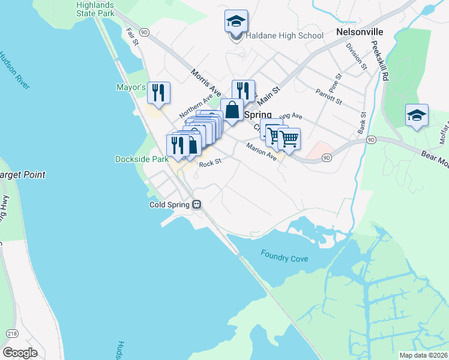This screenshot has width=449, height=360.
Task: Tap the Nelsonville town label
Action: (x=360, y=30)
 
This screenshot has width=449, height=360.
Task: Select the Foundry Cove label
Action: (x=285, y=256)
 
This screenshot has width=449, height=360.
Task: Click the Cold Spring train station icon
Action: (x=196, y=205)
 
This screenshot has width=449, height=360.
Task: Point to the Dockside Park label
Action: (x=142, y=160)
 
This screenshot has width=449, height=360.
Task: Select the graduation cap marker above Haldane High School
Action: (x=236, y=22)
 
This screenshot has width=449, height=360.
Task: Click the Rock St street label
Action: (x=210, y=163)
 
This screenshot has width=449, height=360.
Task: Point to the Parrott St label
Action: (x=328, y=96)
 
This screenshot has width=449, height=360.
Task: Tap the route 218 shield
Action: (x=11, y=334)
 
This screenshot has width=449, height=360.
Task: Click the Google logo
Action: (x=20, y=353)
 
